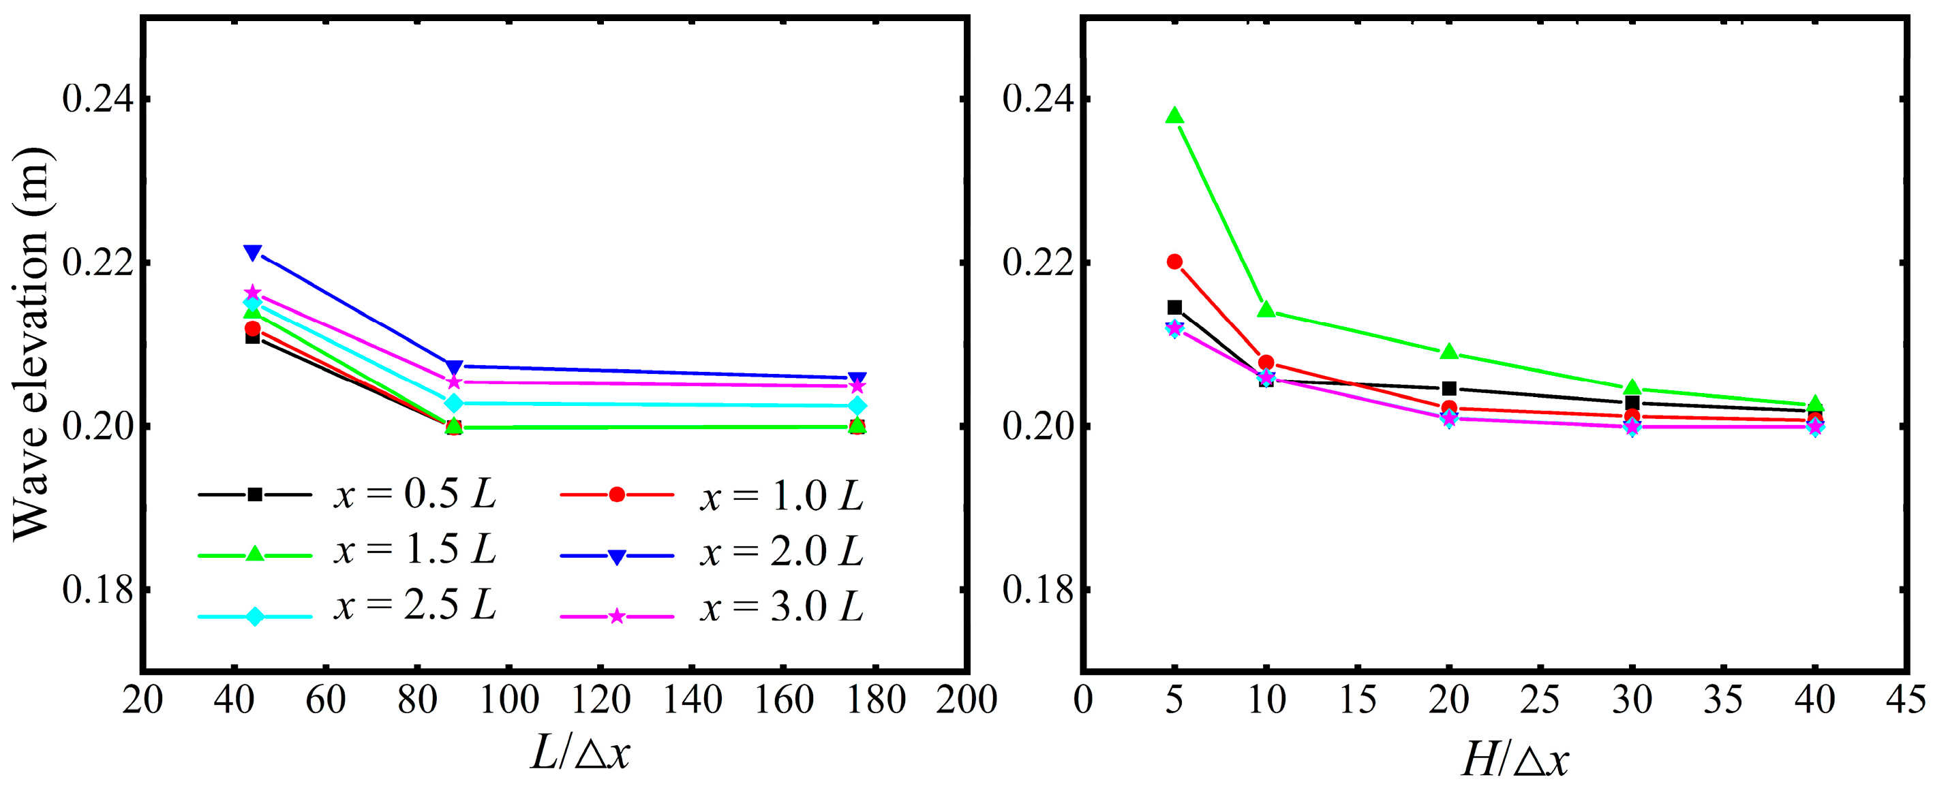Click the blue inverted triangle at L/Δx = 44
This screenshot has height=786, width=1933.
pyautogui.click(x=253, y=253)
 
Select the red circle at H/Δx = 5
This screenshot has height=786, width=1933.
pyautogui.click(x=1174, y=262)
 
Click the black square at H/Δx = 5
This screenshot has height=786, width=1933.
pyautogui.click(x=1174, y=307)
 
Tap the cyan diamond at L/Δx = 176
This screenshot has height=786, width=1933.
pyautogui.click(x=857, y=406)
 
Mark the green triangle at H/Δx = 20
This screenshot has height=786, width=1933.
pyautogui.click(x=1449, y=351)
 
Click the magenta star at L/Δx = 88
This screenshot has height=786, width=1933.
pyautogui.click(x=453, y=381)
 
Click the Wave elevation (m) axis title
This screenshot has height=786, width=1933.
pyautogui.click(x=31, y=343)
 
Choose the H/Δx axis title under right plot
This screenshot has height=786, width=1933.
pyautogui.click(x=1516, y=759)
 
